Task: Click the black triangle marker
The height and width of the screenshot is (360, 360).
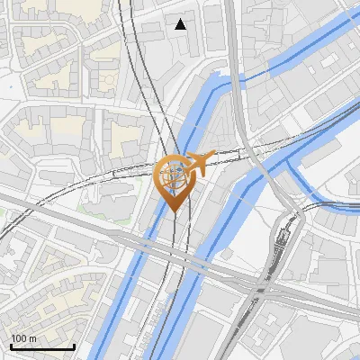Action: tap(181, 24)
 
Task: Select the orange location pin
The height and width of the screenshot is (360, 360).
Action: tap(174, 180)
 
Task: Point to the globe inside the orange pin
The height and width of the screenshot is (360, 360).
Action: tap(174, 174)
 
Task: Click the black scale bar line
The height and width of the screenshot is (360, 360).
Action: tap(42, 346)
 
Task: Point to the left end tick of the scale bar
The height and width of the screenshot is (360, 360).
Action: tap(11, 345)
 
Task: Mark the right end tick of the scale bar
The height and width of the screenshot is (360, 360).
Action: tap(74, 345)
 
